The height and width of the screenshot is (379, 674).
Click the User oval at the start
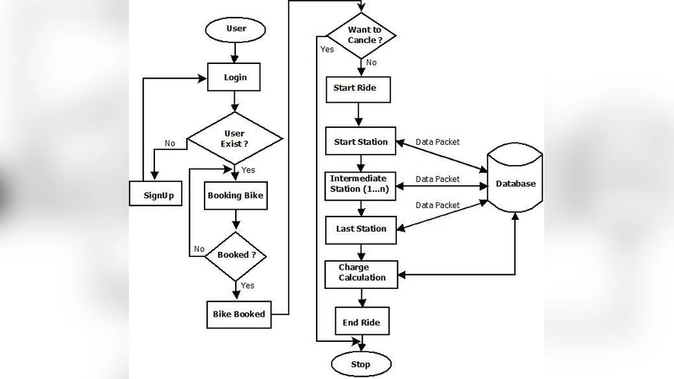pyautogui.click(x=236, y=29)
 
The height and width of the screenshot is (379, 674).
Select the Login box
pyautogui.click(x=235, y=77)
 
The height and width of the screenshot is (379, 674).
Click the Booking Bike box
pyautogui.click(x=236, y=196)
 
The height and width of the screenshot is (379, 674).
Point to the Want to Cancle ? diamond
pyautogui.click(x=361, y=35)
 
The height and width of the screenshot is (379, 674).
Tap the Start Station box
pyautogui.click(x=360, y=141)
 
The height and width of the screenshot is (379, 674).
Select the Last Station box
pyautogui.click(x=360, y=228)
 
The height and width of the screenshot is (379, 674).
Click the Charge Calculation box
pyautogui.click(x=360, y=273)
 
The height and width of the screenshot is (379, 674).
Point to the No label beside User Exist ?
pyautogui.click(x=170, y=143)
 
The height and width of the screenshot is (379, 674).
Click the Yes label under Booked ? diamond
pyautogui.click(x=249, y=285)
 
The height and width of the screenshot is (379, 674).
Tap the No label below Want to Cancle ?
pyautogui.click(x=372, y=62)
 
